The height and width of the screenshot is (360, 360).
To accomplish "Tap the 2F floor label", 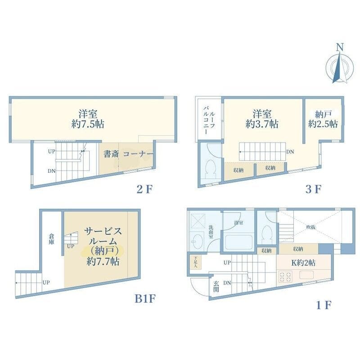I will point(145,189).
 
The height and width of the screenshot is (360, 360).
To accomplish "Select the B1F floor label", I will point(145,298).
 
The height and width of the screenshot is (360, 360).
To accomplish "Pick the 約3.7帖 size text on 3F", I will point(261,125).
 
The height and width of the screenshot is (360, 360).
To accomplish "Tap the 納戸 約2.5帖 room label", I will point(323,119).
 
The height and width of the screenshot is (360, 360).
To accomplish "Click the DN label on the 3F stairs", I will point(290,152).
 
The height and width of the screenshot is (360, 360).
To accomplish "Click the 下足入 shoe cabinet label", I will point(196,261).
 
